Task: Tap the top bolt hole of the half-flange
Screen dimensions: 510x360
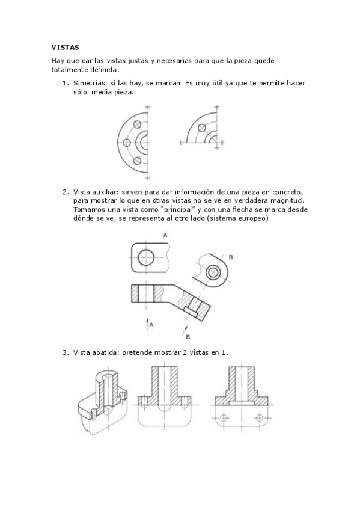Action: (138, 124)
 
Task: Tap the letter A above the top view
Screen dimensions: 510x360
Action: (148, 236)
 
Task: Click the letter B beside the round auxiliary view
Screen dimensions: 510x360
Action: (230, 257)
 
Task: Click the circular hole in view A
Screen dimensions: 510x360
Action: (146, 258)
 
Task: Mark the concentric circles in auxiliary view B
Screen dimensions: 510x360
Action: (212, 273)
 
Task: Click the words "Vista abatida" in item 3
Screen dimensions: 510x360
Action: (96, 352)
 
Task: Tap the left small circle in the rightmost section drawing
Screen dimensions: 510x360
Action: (224, 417)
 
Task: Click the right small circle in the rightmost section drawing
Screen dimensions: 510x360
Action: (260, 417)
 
